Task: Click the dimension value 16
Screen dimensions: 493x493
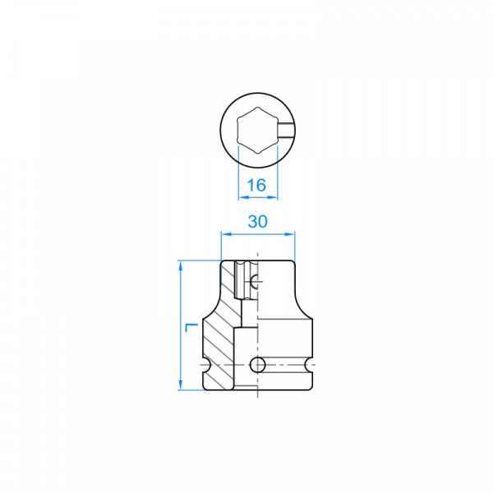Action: [x=256, y=185]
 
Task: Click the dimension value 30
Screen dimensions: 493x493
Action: [x=258, y=222]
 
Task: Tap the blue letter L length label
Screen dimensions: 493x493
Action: [x=191, y=327]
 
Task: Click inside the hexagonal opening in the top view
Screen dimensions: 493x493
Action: [x=258, y=130]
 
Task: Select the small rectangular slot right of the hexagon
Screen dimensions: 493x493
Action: [x=286, y=130]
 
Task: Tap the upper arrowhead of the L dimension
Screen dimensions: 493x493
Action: [x=181, y=266]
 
